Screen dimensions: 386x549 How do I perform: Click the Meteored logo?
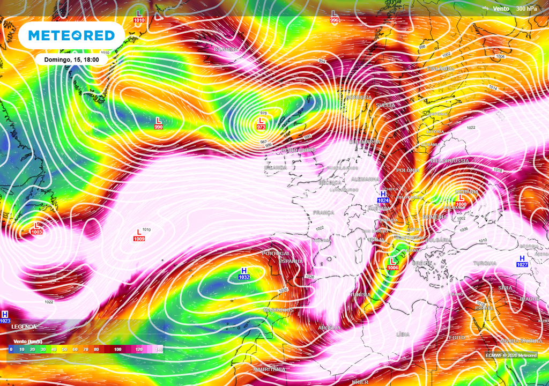[71, 35]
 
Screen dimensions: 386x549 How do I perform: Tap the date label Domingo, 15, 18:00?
[71, 60]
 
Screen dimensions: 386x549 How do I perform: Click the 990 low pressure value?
[159, 127]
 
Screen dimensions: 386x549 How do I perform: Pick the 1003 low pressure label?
[36, 232]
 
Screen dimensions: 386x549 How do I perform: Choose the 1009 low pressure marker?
[139, 238]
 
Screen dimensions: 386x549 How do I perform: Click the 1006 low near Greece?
[392, 267]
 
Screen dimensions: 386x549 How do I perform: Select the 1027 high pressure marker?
[522, 264]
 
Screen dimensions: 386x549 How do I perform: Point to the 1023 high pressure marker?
[5, 321]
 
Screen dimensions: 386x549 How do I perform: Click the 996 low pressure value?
[335, 20]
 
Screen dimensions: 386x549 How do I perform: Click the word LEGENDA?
[24, 326]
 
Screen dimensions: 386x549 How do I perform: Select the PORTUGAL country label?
[276, 254]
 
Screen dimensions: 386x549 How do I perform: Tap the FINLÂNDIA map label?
[441, 69]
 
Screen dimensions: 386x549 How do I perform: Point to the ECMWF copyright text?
[510, 355]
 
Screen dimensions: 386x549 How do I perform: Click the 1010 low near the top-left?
[139, 20]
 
